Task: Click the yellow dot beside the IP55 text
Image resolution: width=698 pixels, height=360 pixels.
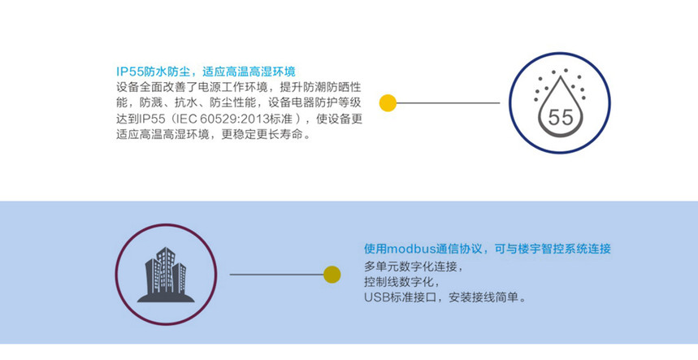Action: (388, 102)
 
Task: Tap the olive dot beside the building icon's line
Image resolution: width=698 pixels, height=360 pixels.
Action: (332, 275)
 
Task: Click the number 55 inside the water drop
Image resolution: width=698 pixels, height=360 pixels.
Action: (561, 118)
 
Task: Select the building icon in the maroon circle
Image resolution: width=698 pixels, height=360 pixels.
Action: (166, 275)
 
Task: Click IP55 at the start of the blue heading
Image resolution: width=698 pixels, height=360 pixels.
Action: (129, 72)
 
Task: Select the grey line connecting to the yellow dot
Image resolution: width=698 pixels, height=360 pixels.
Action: (448, 102)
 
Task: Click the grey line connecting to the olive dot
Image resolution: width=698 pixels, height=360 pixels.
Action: (277, 275)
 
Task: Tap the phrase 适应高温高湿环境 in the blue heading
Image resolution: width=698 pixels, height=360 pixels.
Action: (249, 72)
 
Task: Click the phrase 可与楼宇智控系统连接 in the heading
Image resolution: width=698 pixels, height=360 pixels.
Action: (553, 249)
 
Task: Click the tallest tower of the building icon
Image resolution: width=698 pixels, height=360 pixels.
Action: (165, 269)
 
